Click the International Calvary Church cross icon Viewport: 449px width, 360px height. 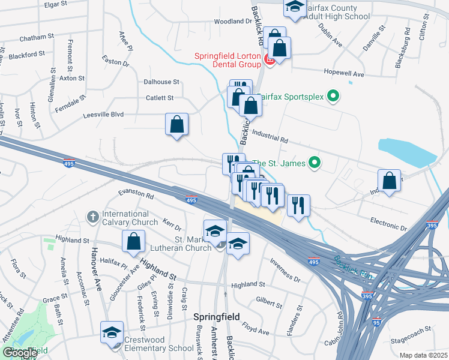(x=93, y=216)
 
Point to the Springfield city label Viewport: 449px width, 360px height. (x=216, y=316)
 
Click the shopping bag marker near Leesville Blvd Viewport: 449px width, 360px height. (x=177, y=125)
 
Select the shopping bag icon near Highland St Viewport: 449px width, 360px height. (x=134, y=242)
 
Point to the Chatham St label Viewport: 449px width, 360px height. (x=36, y=37)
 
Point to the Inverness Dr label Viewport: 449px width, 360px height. (x=285, y=270)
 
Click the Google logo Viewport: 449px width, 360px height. (x=20, y=353)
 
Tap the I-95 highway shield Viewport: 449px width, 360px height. (x=376, y=322)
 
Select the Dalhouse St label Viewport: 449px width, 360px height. (x=161, y=82)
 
